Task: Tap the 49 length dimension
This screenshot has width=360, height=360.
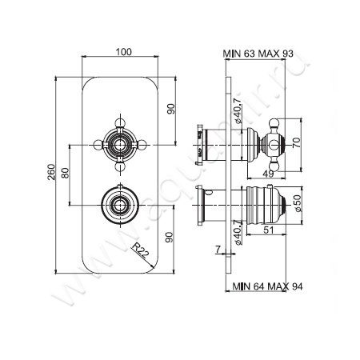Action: pos(269,174)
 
